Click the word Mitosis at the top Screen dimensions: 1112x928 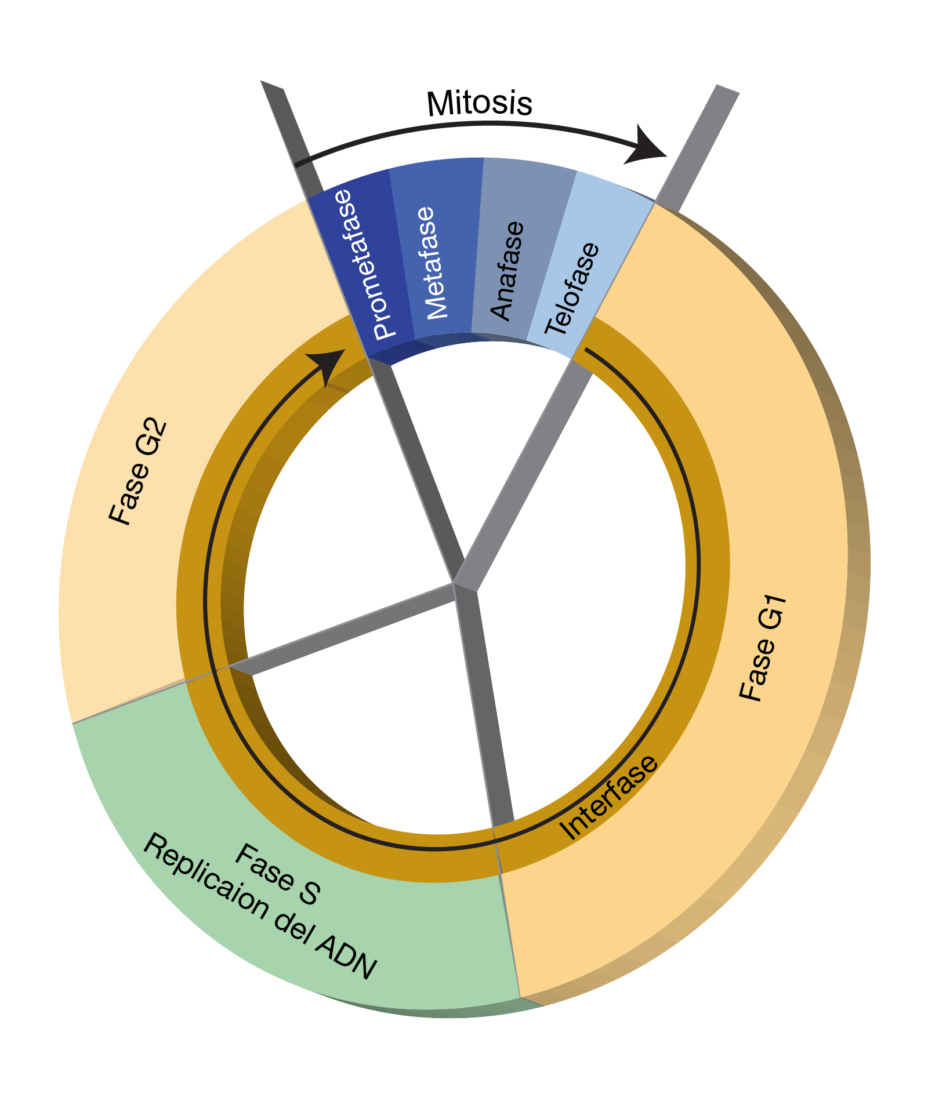[479, 104]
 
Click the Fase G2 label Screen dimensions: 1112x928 [138, 473]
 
